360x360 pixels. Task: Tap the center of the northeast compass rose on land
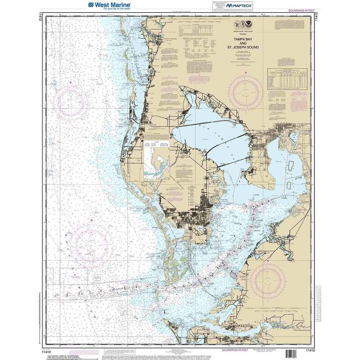pos(246,91)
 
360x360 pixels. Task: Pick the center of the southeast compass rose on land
pos(269,282)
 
